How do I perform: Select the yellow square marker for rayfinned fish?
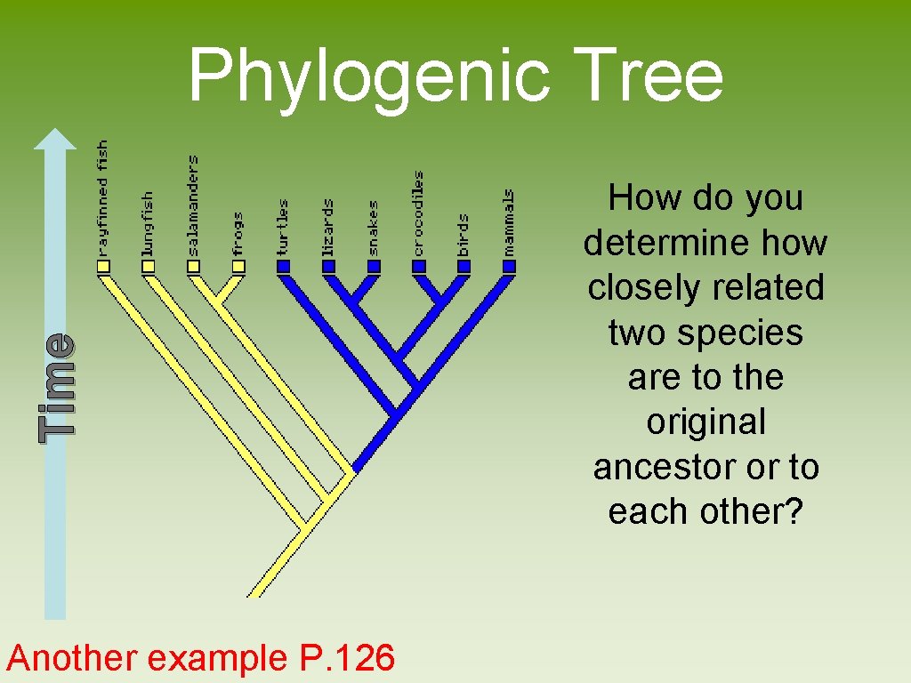tap(103, 266)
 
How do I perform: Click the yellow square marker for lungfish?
tap(148, 266)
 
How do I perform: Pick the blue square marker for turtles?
tap(284, 266)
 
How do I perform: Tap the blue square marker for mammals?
tap(509, 266)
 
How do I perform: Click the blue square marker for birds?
tap(464, 266)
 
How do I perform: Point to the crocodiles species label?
tap(419, 213)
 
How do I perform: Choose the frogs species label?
tap(238, 234)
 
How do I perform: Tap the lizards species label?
tap(328, 228)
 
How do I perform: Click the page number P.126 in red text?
tap(342, 658)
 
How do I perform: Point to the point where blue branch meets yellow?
tap(354, 469)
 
